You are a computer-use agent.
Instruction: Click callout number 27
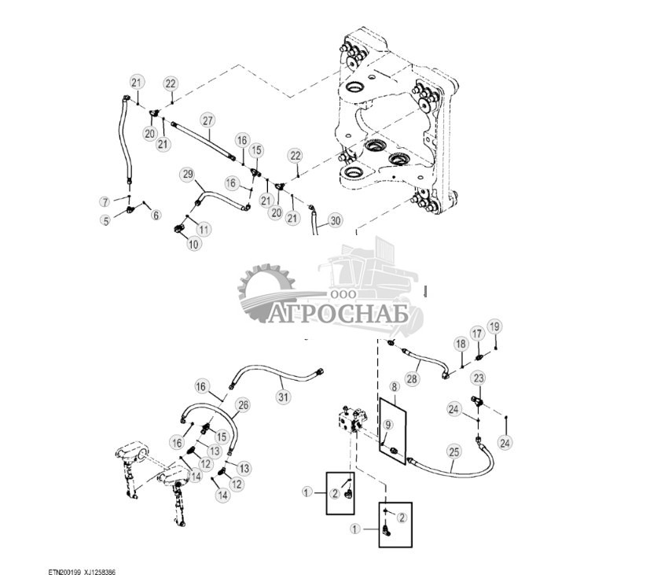click(207, 120)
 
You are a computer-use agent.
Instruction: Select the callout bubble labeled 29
click(187, 173)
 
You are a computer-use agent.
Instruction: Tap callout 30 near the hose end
click(336, 221)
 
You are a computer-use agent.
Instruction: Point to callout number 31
click(282, 398)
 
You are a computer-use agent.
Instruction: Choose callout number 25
click(454, 452)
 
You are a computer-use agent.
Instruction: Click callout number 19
click(494, 326)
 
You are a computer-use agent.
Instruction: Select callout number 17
click(477, 335)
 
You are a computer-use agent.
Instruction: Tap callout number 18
click(461, 344)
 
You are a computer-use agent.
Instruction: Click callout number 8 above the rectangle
click(393, 387)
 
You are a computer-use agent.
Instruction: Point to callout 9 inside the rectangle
click(387, 426)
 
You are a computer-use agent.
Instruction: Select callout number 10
click(193, 244)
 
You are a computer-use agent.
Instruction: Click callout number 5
click(105, 221)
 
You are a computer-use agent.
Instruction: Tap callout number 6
click(155, 215)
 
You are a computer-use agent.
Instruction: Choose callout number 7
click(105, 202)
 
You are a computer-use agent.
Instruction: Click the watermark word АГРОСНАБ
click(340, 315)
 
